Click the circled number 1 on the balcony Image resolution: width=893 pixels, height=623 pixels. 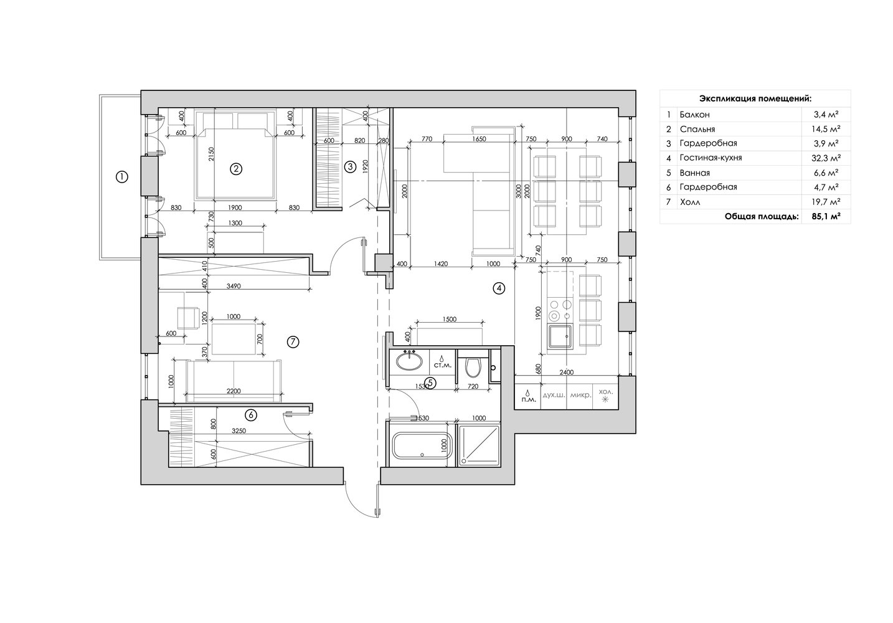[x=121, y=177]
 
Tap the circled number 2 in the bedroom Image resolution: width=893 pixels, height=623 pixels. [x=236, y=169]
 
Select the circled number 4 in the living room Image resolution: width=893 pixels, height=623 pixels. [x=499, y=288]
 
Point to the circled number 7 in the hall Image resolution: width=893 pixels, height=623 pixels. [x=293, y=342]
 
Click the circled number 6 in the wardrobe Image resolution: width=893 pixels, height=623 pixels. [x=251, y=415]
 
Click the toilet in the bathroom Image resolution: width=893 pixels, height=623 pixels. [x=473, y=367]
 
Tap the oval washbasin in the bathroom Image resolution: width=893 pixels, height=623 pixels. [x=409, y=361]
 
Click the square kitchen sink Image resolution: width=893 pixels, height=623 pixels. [x=560, y=336]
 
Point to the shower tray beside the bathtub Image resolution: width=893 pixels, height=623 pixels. [x=479, y=445]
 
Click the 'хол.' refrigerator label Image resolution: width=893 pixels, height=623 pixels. [x=605, y=392]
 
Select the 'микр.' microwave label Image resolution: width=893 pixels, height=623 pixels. [x=580, y=395]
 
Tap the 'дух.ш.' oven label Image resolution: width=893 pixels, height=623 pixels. [x=554, y=395]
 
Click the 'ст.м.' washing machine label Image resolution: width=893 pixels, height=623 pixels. [x=443, y=365]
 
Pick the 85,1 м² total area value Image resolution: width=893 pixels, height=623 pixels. [x=826, y=217]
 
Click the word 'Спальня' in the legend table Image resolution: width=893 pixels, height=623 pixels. [x=697, y=129]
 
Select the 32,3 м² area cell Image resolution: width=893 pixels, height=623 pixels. [x=826, y=158]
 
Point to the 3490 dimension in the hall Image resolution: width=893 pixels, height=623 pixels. [x=234, y=285]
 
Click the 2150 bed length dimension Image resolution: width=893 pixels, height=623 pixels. [x=211, y=154]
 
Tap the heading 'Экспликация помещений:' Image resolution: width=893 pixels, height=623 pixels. [x=755, y=98]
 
